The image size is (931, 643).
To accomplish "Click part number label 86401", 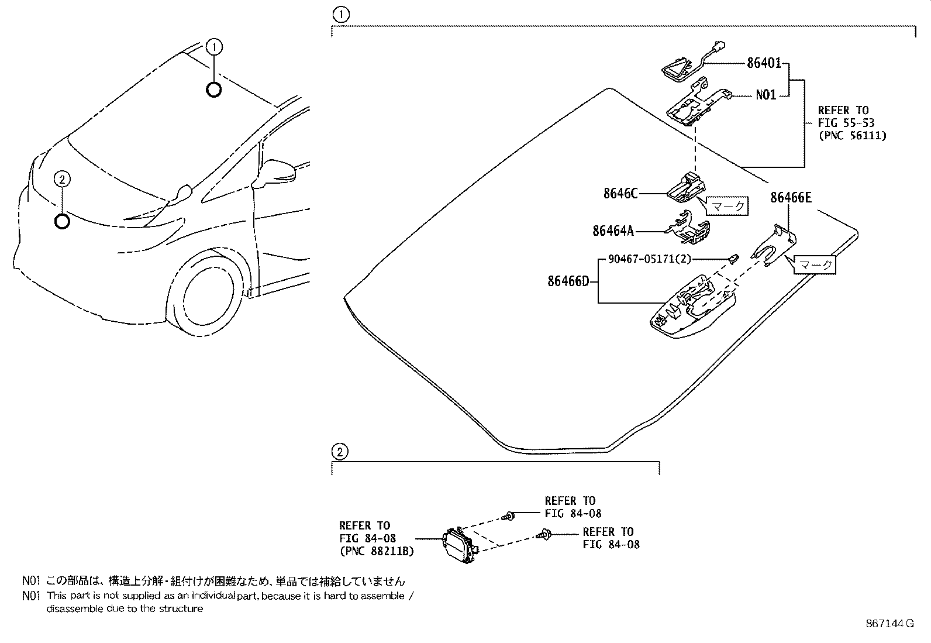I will pyautogui.click(x=763, y=63).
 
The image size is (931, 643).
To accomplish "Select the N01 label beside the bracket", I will pyautogui.click(x=766, y=95).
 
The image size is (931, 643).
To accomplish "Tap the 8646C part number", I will pyautogui.click(x=620, y=193).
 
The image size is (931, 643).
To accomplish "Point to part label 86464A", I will pyautogui.click(x=613, y=231).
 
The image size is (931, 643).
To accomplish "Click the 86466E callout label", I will pyautogui.click(x=791, y=198).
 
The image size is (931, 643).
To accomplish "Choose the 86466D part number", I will pyautogui.click(x=568, y=281).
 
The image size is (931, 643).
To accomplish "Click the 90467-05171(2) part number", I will pyautogui.click(x=649, y=259).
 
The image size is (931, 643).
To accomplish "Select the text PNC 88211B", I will pyautogui.click(x=377, y=551).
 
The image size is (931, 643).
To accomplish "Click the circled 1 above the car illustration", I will pyautogui.click(x=215, y=46).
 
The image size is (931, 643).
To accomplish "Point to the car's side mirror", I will pyautogui.click(x=281, y=171).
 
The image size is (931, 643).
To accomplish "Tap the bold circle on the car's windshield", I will pyautogui.click(x=214, y=90).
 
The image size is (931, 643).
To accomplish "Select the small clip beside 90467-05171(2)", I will pyautogui.click(x=733, y=257).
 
